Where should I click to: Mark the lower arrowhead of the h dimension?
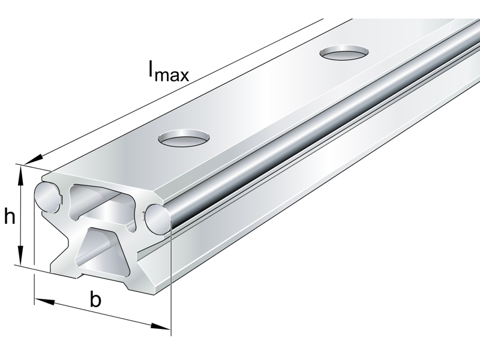click(22, 259)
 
